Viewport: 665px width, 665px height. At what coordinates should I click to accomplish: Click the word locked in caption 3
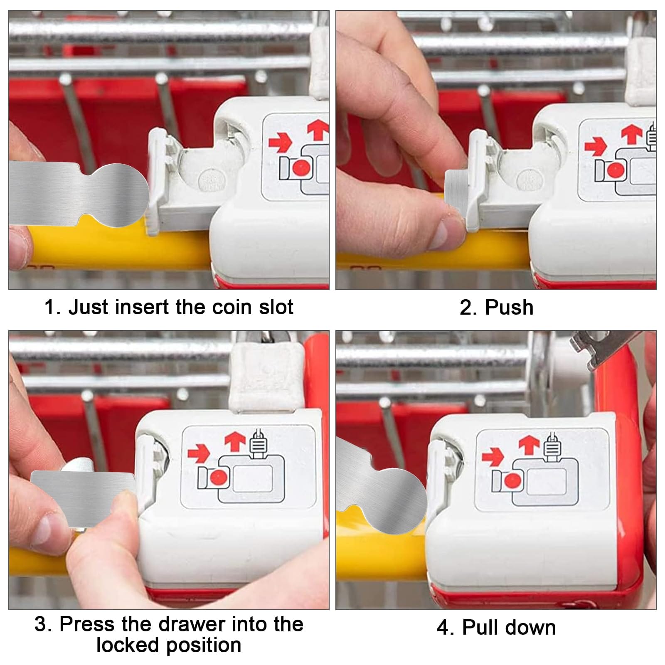[128, 645]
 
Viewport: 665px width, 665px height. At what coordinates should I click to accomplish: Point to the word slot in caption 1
[276, 308]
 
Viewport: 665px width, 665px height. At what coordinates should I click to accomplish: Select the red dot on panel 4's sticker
[512, 480]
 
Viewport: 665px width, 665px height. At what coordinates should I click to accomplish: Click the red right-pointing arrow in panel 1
[280, 142]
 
